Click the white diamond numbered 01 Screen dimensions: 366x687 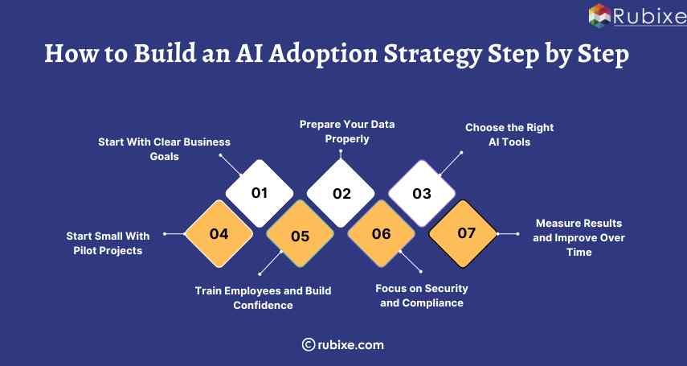(x=259, y=193)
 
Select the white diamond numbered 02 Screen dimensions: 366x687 (x=341, y=193)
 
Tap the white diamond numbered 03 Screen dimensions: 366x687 (x=422, y=193)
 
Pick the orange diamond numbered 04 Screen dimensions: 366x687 (x=219, y=234)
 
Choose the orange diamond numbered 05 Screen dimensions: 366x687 (x=300, y=236)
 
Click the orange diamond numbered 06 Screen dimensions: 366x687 (x=381, y=234)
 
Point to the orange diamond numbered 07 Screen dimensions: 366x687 (x=463, y=233)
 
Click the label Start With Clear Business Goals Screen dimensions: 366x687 (x=164, y=149)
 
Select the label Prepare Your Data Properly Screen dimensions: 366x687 (x=347, y=132)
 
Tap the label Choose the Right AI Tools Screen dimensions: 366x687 (x=509, y=134)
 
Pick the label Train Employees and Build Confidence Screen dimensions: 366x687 (x=263, y=298)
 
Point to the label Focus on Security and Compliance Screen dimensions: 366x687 (x=422, y=295)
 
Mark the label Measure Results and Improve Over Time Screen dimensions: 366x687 (x=579, y=237)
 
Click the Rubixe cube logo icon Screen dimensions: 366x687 (x=599, y=16)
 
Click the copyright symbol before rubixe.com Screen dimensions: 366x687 (x=308, y=344)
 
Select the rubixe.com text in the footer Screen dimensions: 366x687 (x=350, y=344)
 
